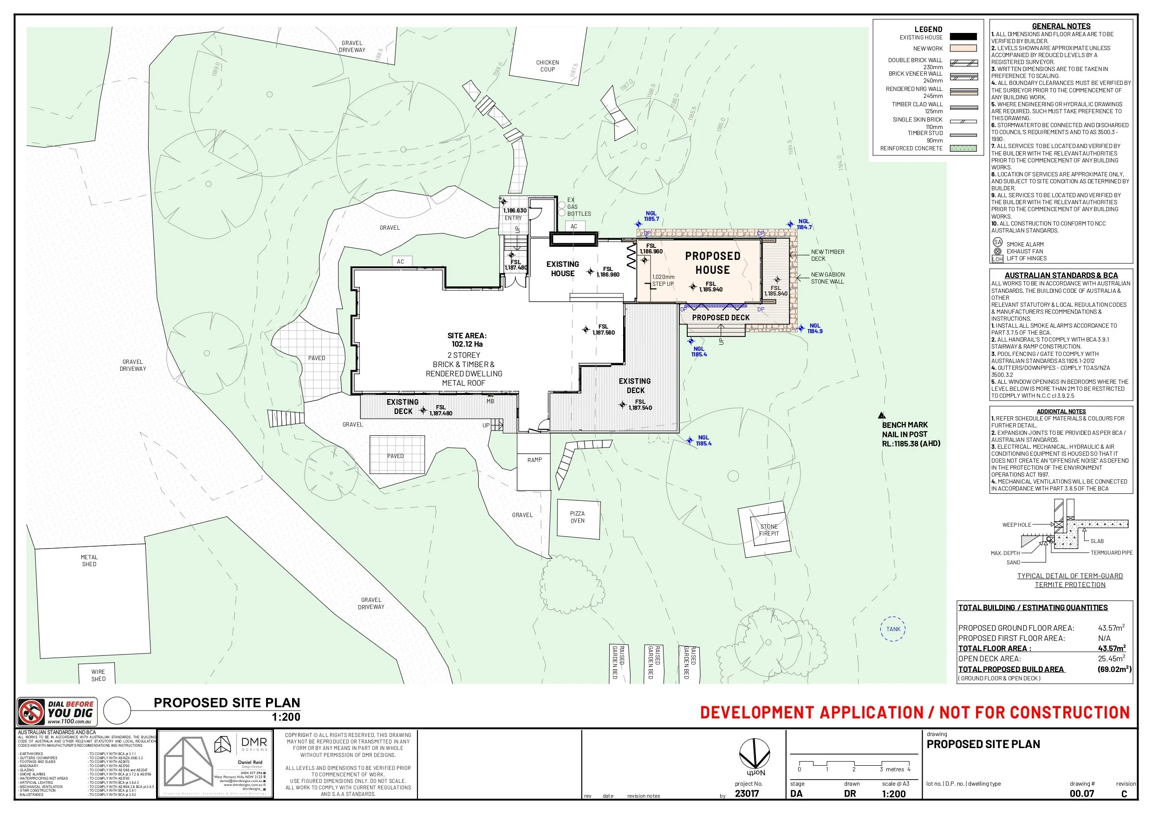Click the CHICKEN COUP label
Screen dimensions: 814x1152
(x=547, y=66)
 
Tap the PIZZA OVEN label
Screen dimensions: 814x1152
(x=577, y=517)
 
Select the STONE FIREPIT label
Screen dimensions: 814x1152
(x=768, y=530)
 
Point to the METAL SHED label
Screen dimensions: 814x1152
(x=89, y=561)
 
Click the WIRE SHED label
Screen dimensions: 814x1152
(x=98, y=675)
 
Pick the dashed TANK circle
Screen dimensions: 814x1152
(x=893, y=629)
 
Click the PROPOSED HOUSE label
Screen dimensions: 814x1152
(x=712, y=263)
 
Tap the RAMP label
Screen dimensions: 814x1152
(x=534, y=460)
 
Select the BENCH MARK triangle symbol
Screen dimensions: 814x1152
(x=882, y=415)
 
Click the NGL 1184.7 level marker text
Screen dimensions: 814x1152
(x=804, y=224)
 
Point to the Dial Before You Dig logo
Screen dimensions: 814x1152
(x=57, y=712)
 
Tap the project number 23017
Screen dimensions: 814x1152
(x=747, y=794)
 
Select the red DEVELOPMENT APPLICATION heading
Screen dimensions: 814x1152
(x=914, y=712)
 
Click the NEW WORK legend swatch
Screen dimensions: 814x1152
(x=963, y=49)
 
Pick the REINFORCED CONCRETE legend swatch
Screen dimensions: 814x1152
(x=963, y=149)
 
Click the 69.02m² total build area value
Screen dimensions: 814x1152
(x=1114, y=669)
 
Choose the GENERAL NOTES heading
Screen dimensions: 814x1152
(x=1061, y=26)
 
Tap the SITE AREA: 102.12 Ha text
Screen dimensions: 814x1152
(x=467, y=340)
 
